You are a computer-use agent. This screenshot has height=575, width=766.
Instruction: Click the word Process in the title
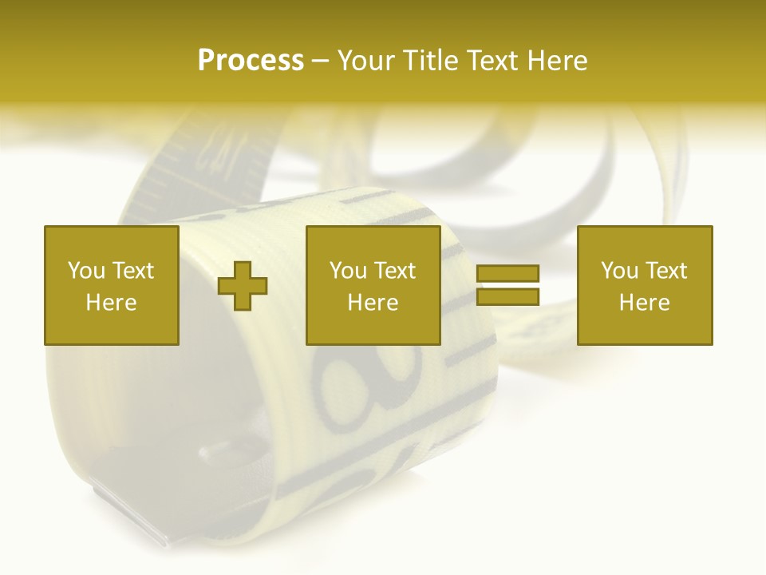[251, 61]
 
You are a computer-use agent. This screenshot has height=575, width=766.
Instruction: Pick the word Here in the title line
[559, 61]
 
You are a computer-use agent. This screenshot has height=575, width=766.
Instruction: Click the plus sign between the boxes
[243, 286]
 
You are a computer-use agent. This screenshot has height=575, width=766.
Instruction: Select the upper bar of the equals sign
[507, 274]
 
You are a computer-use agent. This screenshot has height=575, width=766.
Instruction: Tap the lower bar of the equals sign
[507, 296]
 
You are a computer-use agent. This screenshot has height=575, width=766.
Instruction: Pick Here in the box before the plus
[112, 303]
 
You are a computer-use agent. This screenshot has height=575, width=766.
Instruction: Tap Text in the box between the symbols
[395, 271]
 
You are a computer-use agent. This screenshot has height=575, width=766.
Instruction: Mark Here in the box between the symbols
[373, 303]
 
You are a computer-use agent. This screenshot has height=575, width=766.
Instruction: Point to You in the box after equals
[620, 271]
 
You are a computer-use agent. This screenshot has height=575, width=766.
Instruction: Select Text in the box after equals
[666, 271]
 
